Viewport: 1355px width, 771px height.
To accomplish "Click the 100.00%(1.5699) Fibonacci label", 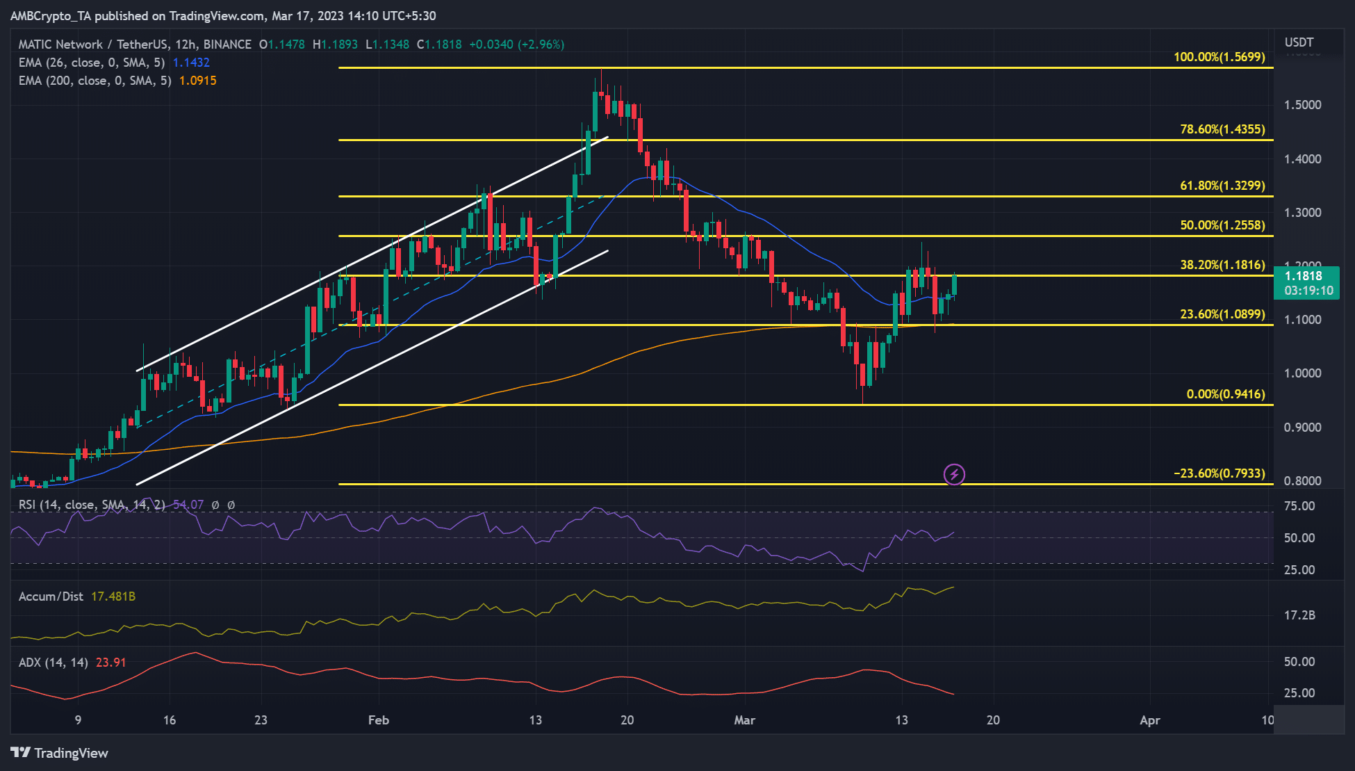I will click(1219, 57).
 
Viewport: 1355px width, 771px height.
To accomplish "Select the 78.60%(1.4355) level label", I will click(1222, 129).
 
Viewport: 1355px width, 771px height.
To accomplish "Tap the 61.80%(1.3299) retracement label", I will click(1222, 186).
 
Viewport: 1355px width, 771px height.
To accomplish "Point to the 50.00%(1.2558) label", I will click(1222, 225).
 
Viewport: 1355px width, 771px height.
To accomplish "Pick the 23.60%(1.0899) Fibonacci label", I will click(1222, 314).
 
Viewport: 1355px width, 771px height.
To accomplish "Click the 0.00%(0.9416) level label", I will click(1225, 394).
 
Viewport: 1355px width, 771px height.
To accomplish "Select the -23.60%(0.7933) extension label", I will click(1219, 473).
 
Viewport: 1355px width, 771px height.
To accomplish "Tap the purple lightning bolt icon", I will click(954, 474).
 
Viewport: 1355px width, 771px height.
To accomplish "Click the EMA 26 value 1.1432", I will click(191, 63).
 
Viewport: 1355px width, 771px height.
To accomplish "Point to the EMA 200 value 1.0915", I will click(197, 81).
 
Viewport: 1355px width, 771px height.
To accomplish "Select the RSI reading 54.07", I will click(188, 505).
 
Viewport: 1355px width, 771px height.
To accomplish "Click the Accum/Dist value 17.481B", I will click(113, 596).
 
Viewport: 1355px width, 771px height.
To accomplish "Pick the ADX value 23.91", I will click(111, 663).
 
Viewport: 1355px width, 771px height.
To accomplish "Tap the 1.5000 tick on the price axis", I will click(1302, 105).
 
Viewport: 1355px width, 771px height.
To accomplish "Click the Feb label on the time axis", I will click(379, 720).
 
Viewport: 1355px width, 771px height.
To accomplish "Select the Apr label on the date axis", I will click(1150, 720).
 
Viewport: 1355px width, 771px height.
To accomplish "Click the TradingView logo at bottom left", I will click(60, 753).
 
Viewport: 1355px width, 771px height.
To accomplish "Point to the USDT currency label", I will click(1299, 42).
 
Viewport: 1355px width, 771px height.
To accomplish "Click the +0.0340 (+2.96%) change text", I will click(516, 44).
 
